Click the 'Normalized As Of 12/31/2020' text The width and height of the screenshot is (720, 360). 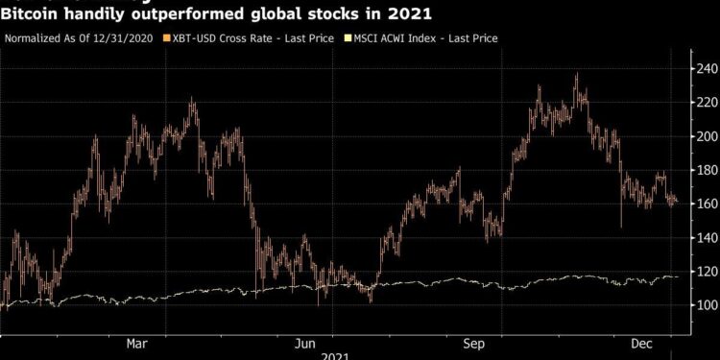78,38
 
